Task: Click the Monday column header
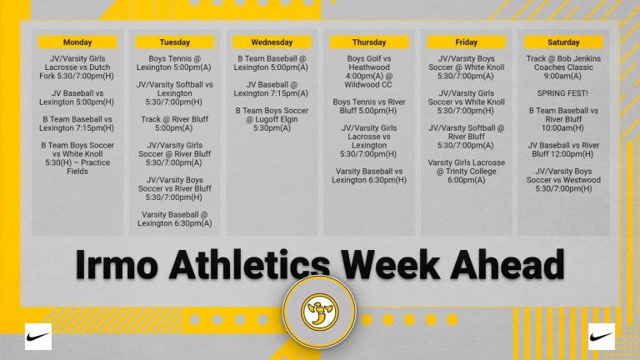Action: click(x=77, y=42)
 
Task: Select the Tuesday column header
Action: click(x=175, y=42)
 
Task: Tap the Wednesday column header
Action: click(x=272, y=42)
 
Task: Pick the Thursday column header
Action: click(x=369, y=42)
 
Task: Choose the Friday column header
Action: click(x=467, y=42)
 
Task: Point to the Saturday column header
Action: click(x=563, y=42)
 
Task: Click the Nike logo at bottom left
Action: click(x=38, y=336)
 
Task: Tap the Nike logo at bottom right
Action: click(x=602, y=336)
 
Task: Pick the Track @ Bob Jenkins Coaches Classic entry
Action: click(x=563, y=67)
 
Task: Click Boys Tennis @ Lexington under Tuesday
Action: click(x=175, y=63)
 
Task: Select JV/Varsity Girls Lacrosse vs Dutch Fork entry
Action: click(x=77, y=67)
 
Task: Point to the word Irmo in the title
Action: click(x=117, y=265)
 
